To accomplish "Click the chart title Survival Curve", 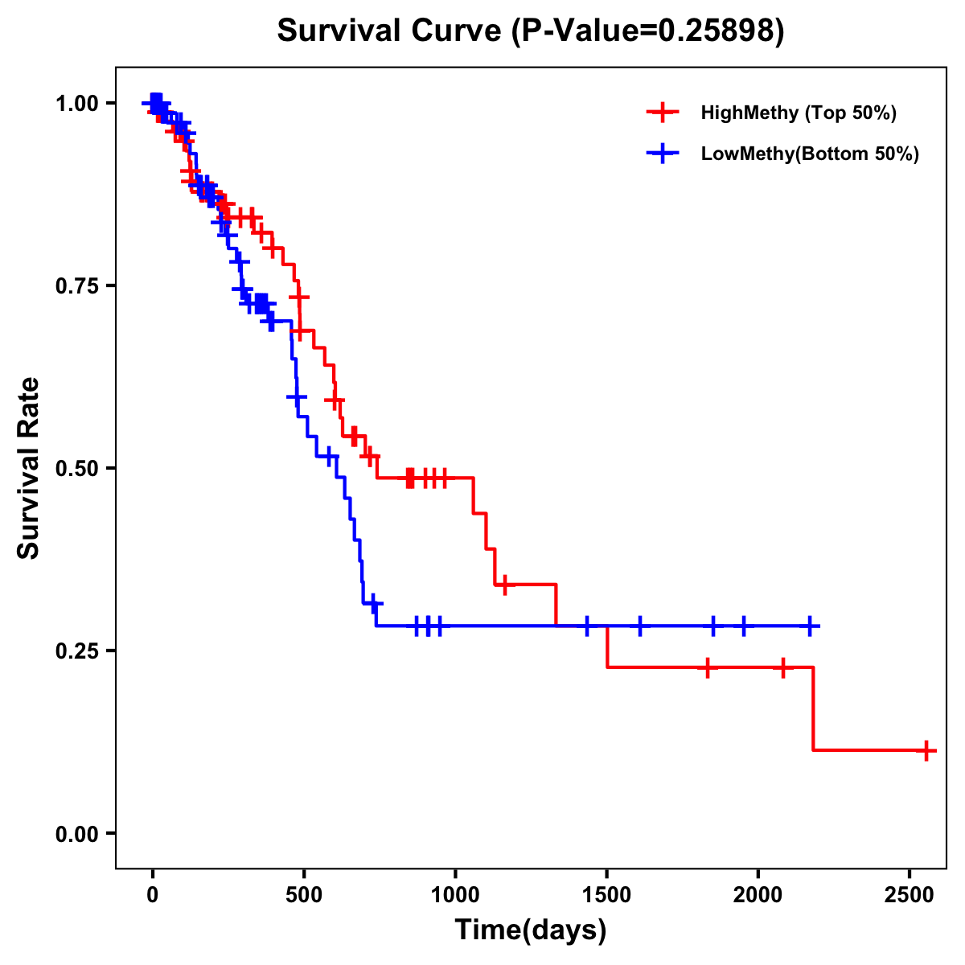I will tap(392, 31).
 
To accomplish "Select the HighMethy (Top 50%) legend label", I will tap(798, 113).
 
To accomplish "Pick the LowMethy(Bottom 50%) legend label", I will tap(809, 154).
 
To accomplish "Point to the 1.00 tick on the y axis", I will tap(76, 104).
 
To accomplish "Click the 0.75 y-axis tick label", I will tap(76, 286).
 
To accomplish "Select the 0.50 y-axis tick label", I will tap(76, 468).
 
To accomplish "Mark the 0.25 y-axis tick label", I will tap(76, 651).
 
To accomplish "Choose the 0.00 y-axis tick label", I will tap(76, 833).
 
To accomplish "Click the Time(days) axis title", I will tap(531, 930).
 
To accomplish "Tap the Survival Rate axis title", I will tap(30, 468).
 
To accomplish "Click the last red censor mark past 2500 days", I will tap(926, 750).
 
